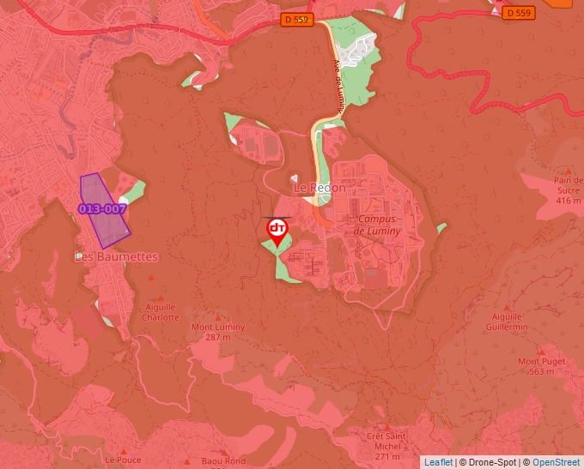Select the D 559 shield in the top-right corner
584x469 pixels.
click(x=518, y=13)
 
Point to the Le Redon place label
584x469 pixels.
click(x=319, y=188)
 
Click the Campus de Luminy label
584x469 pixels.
click(x=375, y=225)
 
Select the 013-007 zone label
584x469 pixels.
click(x=103, y=208)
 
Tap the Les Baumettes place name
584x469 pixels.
click(x=116, y=256)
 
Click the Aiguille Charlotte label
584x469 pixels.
click(x=161, y=312)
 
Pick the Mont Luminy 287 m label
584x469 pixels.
click(x=218, y=332)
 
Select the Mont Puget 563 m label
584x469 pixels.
click(x=541, y=366)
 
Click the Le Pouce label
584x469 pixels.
click(x=123, y=460)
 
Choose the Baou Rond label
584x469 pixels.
click(x=222, y=460)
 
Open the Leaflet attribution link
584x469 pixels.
click(x=438, y=462)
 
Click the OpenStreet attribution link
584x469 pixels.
click(x=557, y=462)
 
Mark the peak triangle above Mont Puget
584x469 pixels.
click(x=541, y=351)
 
